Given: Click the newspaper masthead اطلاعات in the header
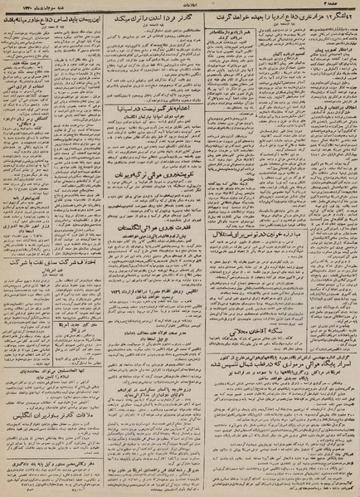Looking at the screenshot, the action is pyautogui.click(x=178, y=5).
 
